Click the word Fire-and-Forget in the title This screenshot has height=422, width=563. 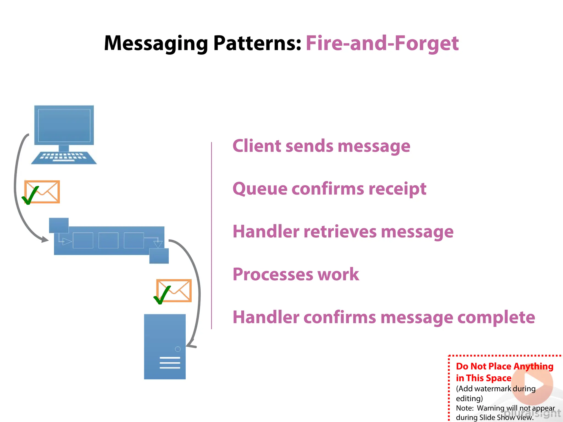tap(382, 43)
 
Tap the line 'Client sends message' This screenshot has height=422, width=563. tap(321, 146)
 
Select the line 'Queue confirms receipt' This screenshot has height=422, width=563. tap(329, 189)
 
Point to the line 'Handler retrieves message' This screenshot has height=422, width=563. tap(343, 232)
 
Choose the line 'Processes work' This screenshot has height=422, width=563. tap(296, 274)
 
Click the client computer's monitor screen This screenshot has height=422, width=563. tap(64, 125)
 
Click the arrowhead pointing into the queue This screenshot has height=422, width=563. tap(45, 240)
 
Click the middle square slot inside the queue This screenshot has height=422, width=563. tap(108, 240)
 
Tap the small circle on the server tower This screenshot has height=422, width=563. tap(178, 349)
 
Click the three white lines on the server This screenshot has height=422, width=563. tap(170, 363)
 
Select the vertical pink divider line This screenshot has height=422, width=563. tap(211, 235)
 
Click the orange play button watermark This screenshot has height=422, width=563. tap(532, 384)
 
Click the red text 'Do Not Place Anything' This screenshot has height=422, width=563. tap(504, 366)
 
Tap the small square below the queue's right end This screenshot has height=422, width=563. tap(159, 256)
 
